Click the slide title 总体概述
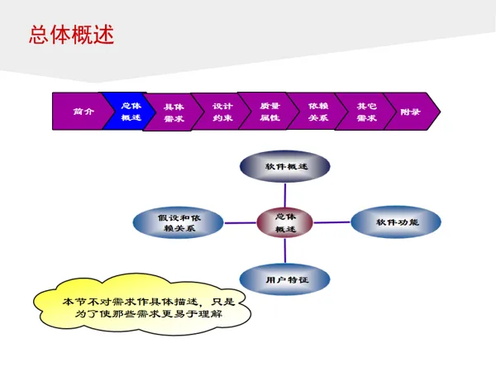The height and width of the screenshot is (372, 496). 71,35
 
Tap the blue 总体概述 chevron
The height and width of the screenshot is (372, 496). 129,112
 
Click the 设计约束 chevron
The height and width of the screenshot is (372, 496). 222,112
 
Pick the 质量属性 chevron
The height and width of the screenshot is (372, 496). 269,112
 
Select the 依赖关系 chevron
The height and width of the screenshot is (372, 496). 318,112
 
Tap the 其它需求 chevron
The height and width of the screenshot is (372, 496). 366,112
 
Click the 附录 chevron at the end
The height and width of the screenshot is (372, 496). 411,112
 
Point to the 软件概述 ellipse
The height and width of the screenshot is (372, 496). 285,166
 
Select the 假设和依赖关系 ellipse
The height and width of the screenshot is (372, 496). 179,222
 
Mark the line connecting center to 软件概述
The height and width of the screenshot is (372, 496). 285,195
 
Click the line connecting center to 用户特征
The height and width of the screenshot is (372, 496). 285,252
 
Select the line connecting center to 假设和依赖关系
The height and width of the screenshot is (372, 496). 240,222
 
